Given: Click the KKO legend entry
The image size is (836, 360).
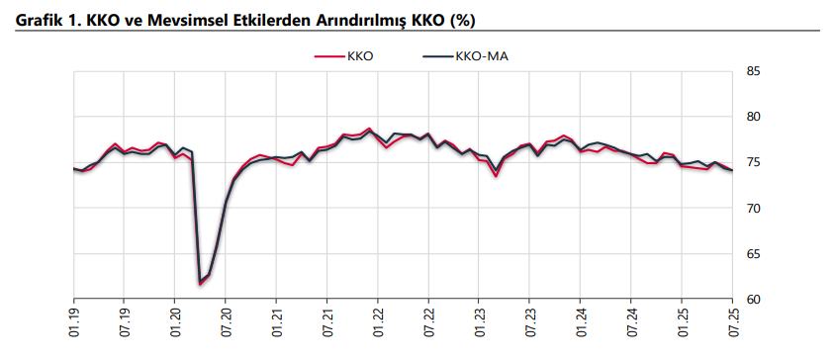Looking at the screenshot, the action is (x=343, y=56).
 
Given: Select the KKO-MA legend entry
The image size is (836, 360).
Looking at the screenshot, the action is (x=465, y=56).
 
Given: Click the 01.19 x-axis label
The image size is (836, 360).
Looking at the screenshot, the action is (x=73, y=321).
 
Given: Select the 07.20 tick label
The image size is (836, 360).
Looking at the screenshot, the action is (x=226, y=321).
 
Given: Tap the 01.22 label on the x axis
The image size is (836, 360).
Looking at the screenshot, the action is (x=378, y=321).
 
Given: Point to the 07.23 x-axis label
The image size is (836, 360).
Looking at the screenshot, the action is (x=529, y=321).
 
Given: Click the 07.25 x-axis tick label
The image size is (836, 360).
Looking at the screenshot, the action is (x=732, y=321).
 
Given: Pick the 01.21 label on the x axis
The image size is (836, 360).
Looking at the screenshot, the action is (x=276, y=321).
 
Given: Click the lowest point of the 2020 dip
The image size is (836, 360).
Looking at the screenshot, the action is (x=201, y=284).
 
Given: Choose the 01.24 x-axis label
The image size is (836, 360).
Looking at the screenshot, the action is (x=580, y=321).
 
